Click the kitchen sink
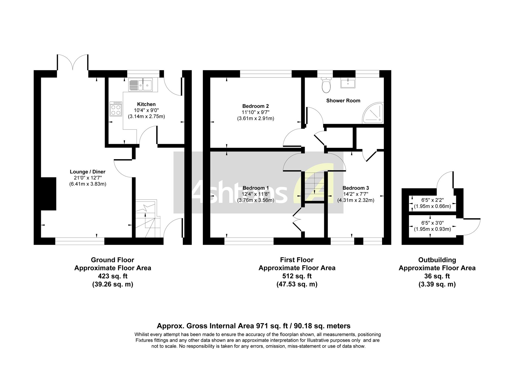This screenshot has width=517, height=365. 140,85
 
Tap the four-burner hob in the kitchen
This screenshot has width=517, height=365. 116,109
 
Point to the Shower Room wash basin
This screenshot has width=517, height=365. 348,83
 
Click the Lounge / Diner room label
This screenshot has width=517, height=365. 88,172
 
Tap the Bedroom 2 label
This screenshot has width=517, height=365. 255,106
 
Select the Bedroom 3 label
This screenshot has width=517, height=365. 356,188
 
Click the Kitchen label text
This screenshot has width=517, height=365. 146,104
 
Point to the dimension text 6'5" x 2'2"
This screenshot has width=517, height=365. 432,200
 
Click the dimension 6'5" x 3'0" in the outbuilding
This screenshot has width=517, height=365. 432,223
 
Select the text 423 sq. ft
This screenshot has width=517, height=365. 113,276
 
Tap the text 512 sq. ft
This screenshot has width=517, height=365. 297,276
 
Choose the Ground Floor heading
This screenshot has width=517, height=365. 113,260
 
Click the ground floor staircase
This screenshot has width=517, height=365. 148,219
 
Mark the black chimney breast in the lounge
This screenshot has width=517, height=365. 49,194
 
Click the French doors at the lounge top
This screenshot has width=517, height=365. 73,62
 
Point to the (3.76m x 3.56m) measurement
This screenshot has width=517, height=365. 256,200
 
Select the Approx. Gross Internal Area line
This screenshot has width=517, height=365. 254,326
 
